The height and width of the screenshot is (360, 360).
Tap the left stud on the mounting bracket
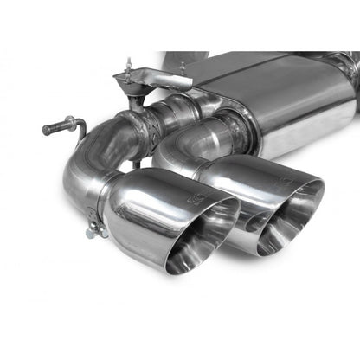[x=128, y=67]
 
